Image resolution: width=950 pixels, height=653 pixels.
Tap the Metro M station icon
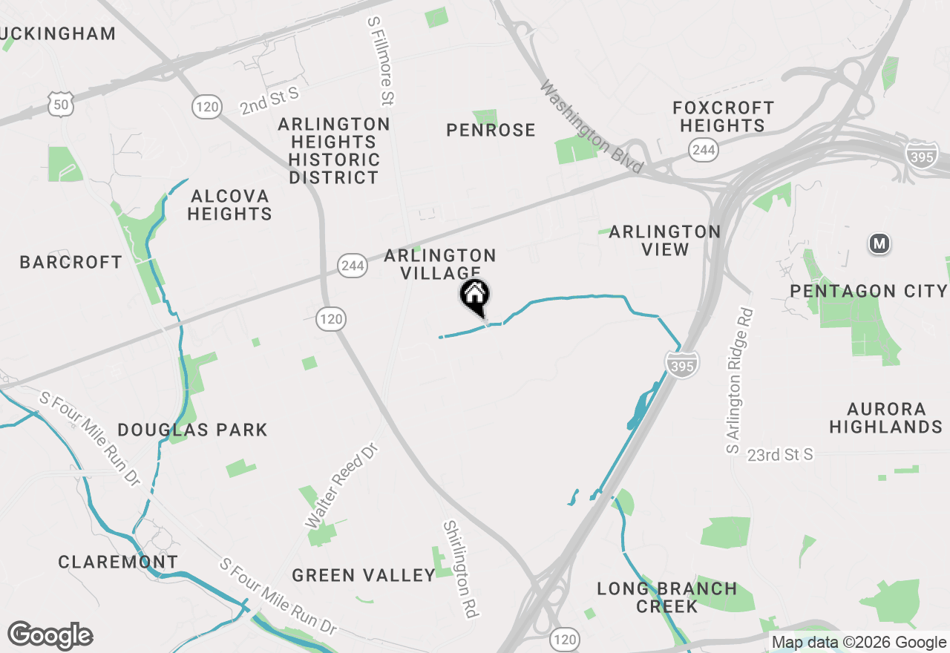click(x=879, y=243)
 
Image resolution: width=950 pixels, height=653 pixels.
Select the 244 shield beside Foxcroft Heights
click(x=702, y=151)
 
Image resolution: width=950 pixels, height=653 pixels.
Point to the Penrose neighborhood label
click(x=491, y=130)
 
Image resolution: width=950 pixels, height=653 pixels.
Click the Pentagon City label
click(x=868, y=291)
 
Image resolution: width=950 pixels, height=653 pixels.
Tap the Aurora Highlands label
click(x=885, y=418)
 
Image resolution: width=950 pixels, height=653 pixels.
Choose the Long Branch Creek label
click(x=667, y=597)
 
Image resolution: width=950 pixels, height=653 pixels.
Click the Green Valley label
click(x=363, y=575)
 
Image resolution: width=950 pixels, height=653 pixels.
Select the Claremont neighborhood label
click(x=118, y=562)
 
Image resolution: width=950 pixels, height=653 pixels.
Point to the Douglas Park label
click(x=192, y=430)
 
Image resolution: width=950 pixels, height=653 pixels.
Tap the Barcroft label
click(x=71, y=262)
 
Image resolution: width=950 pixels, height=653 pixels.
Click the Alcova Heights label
click(x=229, y=205)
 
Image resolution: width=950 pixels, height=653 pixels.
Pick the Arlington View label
click(x=664, y=240)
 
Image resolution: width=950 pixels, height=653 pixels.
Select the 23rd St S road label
click(x=780, y=454)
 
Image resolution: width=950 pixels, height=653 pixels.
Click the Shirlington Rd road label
click(x=460, y=568)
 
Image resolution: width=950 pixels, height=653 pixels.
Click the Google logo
click(x=50, y=636)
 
